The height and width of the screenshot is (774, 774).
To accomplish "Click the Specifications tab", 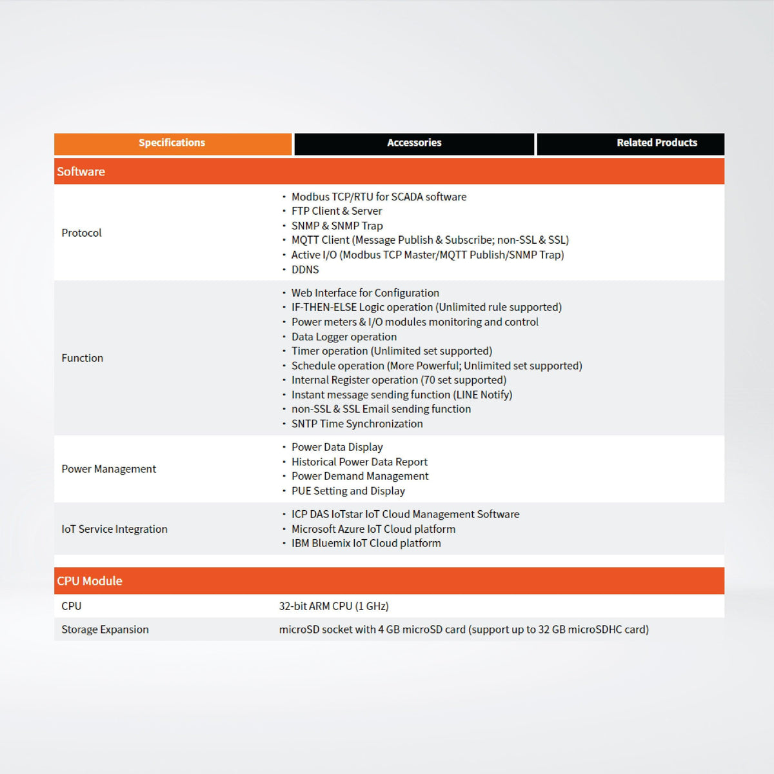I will click(x=172, y=143).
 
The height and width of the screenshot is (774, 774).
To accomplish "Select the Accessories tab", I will click(x=414, y=143).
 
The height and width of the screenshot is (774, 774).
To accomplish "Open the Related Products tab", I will click(x=657, y=143).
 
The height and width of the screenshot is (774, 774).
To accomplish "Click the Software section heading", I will click(x=81, y=172).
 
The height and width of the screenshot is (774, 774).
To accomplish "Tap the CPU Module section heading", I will click(x=90, y=580).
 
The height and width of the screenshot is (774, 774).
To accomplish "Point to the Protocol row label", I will click(x=82, y=233).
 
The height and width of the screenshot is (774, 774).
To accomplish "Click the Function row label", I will click(x=83, y=358).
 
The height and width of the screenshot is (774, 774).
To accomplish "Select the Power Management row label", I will click(x=109, y=469).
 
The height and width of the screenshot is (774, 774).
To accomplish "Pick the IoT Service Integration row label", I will click(x=115, y=529).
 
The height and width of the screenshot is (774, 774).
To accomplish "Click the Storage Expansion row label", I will click(x=105, y=630).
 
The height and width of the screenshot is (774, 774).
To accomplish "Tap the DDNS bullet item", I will click(x=305, y=270).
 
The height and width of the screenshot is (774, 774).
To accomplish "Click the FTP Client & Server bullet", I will click(x=337, y=211).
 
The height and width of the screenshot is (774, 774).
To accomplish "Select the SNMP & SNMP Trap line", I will click(x=337, y=226).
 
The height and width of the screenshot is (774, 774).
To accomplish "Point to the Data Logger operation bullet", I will click(x=344, y=337).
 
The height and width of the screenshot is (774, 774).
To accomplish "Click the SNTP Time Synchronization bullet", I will click(x=357, y=424).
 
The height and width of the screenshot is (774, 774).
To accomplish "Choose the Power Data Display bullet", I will click(x=337, y=447).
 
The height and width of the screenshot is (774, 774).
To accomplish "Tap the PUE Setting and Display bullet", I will click(x=348, y=491).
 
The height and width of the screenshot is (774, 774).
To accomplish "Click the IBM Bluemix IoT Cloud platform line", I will click(x=366, y=543).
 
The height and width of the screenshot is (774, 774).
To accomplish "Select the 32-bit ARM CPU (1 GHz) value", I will click(x=334, y=606).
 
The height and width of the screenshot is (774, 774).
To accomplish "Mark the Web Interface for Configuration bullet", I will click(x=365, y=293).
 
